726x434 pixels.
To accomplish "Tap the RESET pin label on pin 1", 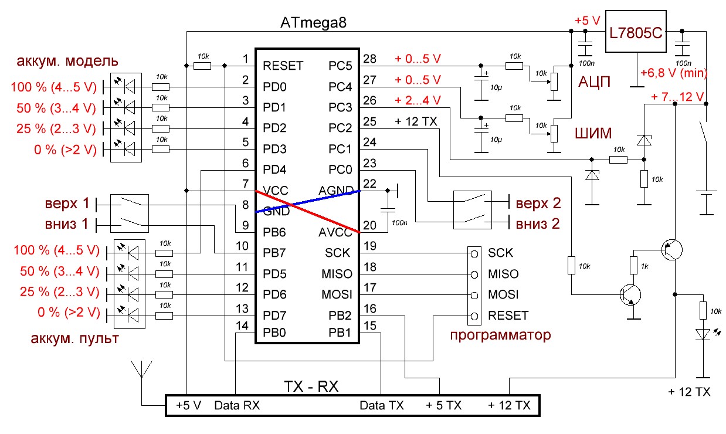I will click(x=283, y=65).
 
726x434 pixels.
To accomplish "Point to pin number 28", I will click(x=370, y=59).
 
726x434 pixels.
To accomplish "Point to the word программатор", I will click(x=500, y=335).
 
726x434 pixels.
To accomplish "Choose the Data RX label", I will click(x=237, y=405).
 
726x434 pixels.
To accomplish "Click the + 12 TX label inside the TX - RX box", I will click(x=509, y=405).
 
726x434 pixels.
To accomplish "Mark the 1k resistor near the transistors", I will click(x=633, y=265).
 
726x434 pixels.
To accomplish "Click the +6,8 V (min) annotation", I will click(x=674, y=73).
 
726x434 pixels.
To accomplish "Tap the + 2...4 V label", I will click(x=418, y=101).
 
